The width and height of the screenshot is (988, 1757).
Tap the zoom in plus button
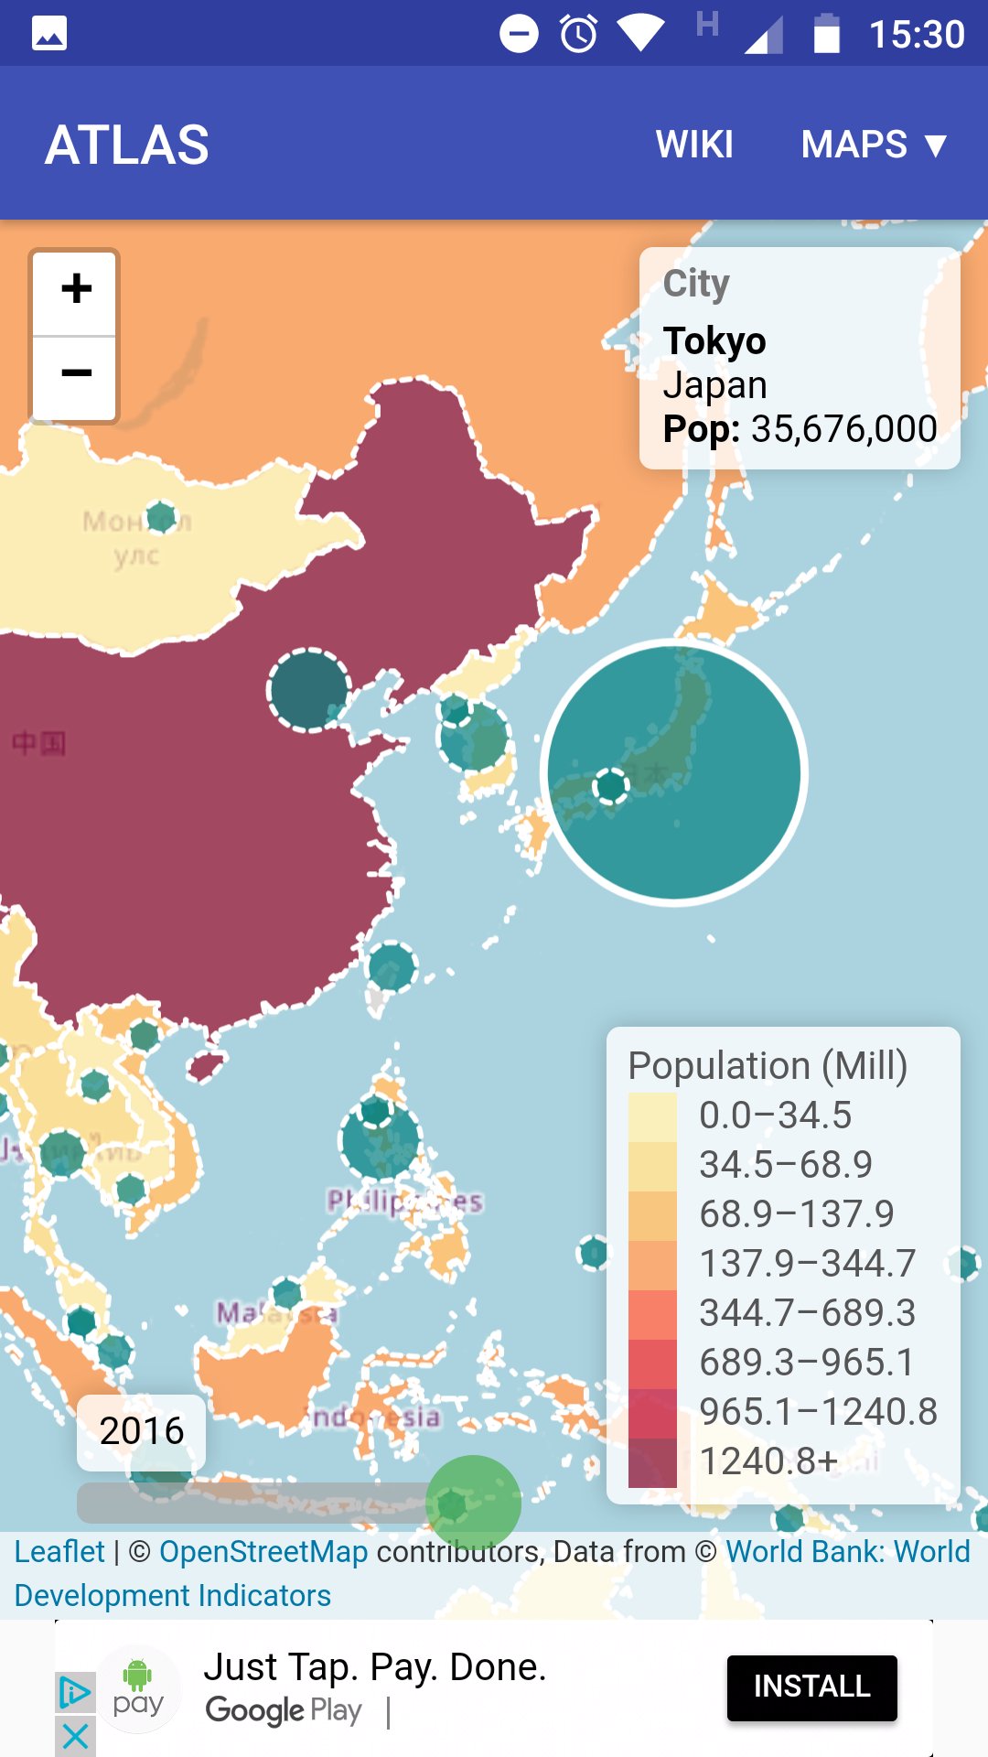pos(75,289)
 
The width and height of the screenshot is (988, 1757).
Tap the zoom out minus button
pos(75,373)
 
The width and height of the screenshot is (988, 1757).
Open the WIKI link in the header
pos(694,145)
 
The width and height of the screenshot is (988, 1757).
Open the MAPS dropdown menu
pos(874,145)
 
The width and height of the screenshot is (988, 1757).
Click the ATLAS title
pos(127,145)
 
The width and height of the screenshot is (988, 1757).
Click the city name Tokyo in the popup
pos(714,340)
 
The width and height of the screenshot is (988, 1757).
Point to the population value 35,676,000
pos(843,428)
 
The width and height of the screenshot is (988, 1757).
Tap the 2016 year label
pos(142,1430)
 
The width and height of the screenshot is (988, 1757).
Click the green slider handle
pos(473,1503)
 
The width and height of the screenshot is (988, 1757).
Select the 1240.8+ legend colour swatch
pos(652,1461)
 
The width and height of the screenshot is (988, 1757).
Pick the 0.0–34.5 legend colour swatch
pos(652,1116)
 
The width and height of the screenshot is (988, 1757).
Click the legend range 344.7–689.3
pos(807,1312)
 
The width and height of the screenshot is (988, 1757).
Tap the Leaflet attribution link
pos(59,1551)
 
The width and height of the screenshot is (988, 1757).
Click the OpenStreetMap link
pos(263,1551)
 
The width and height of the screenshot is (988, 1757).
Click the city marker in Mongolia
pos(161,517)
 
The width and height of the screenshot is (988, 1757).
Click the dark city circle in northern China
pos(309,690)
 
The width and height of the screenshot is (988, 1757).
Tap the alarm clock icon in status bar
pos(578,35)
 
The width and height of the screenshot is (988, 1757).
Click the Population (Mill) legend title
pos(768,1065)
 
